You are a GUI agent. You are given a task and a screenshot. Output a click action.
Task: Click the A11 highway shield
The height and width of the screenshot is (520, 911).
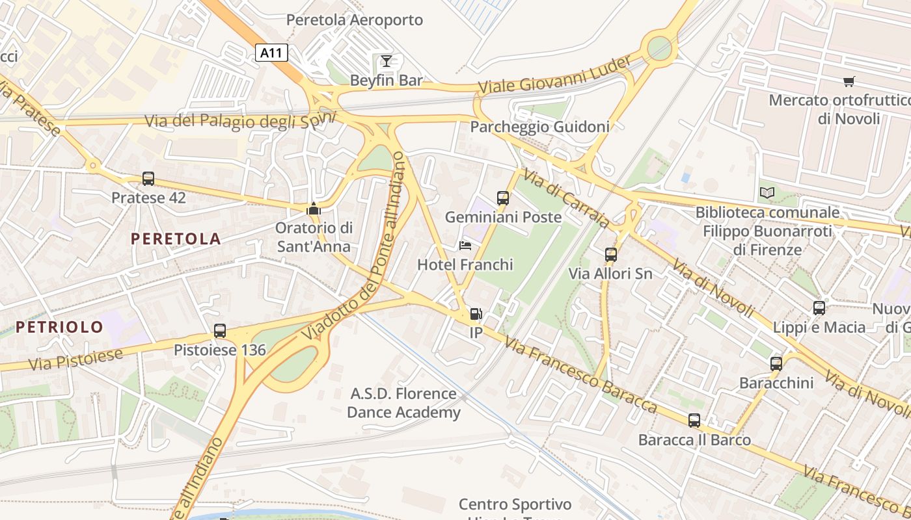271,53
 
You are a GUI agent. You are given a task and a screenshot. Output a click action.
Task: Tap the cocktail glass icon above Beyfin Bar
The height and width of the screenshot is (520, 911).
387,61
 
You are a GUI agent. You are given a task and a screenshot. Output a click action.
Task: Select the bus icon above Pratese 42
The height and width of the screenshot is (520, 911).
148,178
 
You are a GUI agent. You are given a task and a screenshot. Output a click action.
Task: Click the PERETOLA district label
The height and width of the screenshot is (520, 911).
176,239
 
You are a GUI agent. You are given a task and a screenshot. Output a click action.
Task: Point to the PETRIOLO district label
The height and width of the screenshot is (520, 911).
59,327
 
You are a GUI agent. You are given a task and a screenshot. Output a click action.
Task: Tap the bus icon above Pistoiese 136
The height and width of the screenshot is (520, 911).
220,331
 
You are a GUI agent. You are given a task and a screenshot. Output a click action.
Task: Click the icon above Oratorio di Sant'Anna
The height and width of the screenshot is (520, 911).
314,209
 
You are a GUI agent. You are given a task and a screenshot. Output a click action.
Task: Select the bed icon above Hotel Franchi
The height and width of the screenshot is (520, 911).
465,245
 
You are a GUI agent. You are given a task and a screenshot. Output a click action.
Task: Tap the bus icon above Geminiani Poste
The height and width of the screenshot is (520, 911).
503,198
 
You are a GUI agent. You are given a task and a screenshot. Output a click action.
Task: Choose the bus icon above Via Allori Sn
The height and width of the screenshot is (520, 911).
610,254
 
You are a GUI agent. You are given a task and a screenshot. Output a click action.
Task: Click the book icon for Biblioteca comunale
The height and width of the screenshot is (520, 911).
767,193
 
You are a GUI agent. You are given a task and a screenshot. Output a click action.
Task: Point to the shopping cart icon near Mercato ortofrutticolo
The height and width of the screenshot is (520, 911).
849,81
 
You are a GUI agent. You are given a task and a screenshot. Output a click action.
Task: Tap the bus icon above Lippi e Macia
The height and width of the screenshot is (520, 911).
819,307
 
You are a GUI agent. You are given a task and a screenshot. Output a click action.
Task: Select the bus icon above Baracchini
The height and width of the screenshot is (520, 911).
776,363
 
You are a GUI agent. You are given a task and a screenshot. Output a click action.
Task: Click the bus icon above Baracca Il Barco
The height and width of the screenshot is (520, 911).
694,421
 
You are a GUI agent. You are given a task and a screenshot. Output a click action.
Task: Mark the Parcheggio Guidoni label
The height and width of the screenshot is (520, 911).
539,127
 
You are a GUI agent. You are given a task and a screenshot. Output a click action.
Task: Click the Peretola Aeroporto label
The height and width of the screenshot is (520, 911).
355,20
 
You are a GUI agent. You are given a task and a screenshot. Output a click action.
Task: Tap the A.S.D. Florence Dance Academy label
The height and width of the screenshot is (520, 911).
403,403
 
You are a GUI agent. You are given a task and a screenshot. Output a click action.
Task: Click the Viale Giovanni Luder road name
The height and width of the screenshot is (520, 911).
554,75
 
